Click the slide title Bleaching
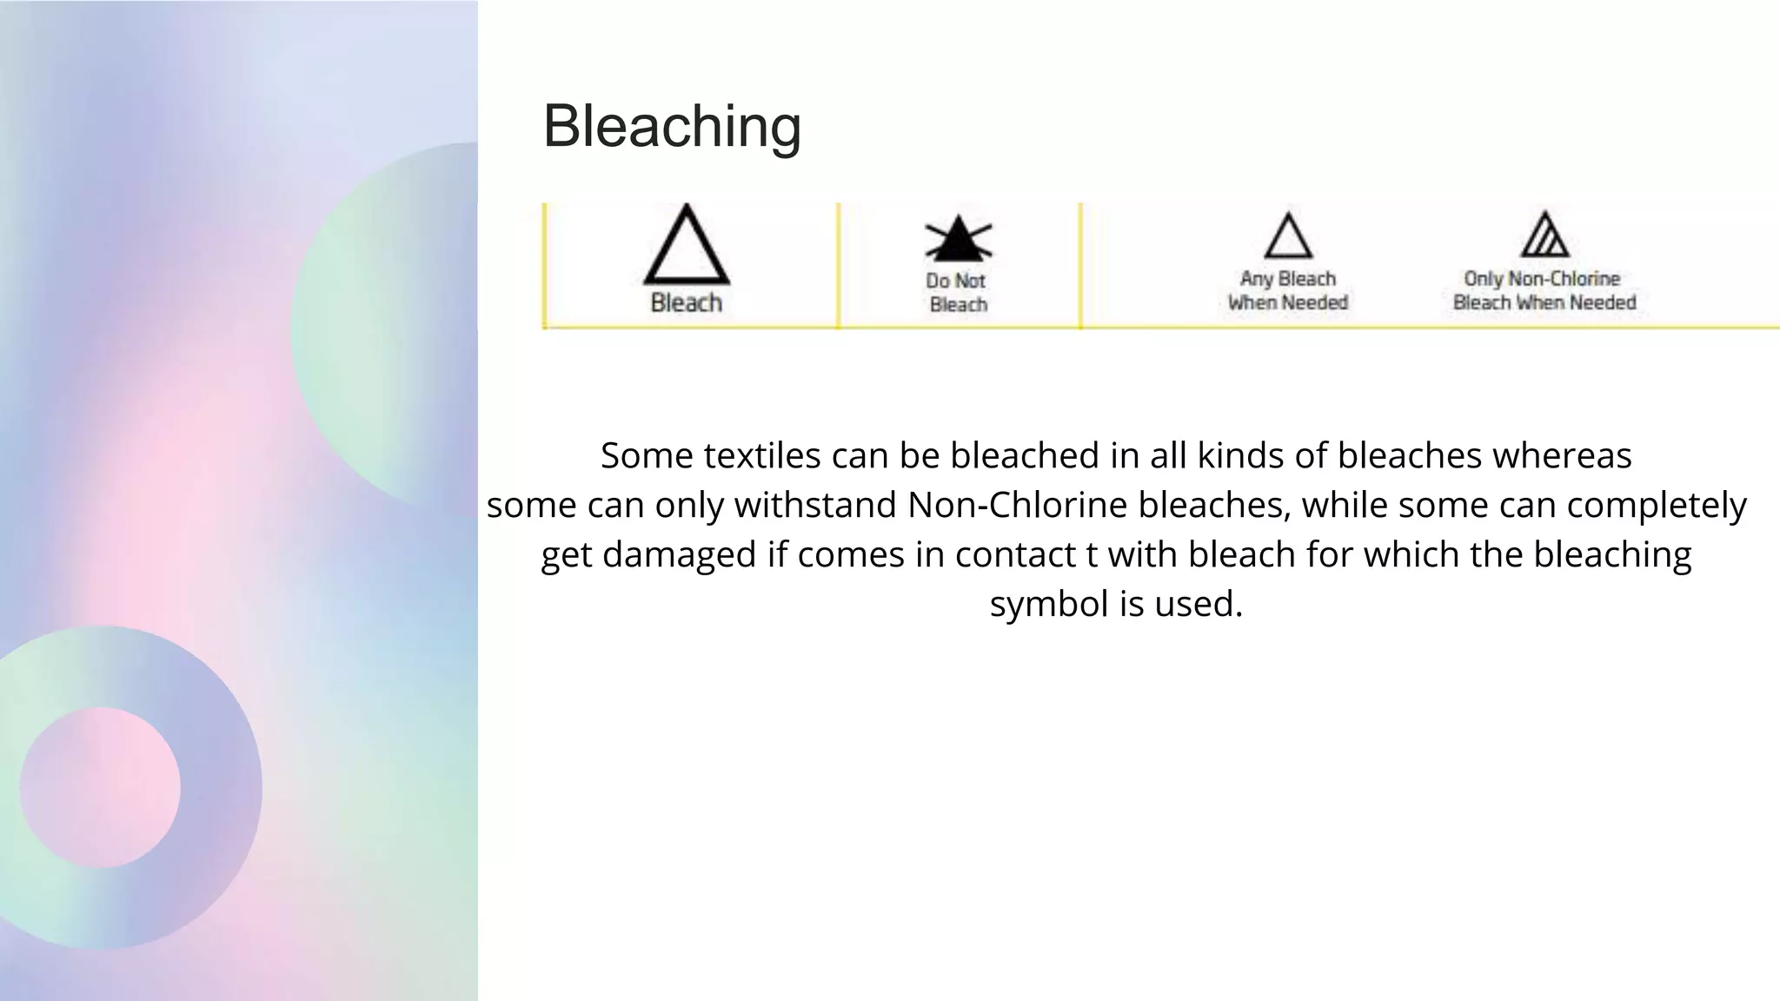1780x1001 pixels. pos(672,126)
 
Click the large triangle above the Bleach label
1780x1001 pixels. pos(687,247)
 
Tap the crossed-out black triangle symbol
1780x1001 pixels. pos(958,239)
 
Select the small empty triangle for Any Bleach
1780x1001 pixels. pos(1288,237)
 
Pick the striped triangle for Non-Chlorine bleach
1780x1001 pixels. pos(1544,235)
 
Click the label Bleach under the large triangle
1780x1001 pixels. pos(686,302)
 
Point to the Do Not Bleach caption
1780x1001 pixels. pos(958,292)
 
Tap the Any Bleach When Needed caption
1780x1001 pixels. pos(1287,290)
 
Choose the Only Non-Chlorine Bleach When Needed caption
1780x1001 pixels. pos(1544,290)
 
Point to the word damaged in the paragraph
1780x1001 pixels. pos(679,554)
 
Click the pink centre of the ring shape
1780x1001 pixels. pos(100,787)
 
